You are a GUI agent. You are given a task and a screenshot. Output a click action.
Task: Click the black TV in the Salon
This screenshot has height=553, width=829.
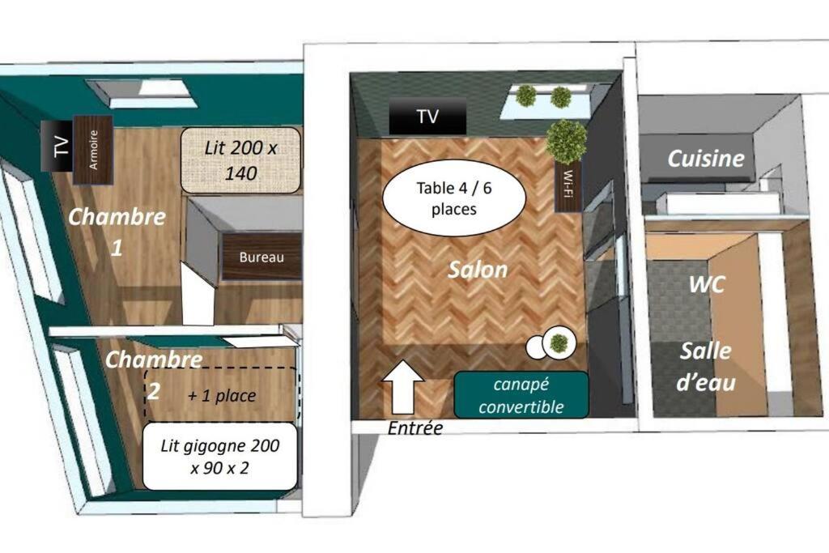coord(427,117)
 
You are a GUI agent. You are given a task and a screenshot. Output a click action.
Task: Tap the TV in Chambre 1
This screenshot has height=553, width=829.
coord(57,146)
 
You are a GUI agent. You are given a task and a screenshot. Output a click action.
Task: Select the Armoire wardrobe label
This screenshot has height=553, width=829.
coord(94,150)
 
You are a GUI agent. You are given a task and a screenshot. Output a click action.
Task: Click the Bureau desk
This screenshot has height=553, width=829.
coord(261,257)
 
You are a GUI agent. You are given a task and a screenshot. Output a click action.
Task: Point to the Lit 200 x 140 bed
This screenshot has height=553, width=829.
coord(240,160)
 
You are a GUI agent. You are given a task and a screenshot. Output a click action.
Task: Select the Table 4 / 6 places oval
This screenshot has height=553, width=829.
coord(453,198)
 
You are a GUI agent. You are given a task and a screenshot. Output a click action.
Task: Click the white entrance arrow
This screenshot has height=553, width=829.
coord(403,387)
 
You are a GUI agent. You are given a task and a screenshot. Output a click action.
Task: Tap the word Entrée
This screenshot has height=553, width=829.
coord(415,428)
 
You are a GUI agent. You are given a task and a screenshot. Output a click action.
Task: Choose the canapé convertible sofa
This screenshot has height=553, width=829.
coord(521,395)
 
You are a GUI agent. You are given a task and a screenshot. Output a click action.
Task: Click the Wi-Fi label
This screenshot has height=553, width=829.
coord(568,183)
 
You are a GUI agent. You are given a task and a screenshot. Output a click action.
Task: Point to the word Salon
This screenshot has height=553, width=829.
coord(478,270)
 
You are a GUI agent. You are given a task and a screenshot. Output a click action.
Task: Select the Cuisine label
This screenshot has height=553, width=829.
coord(706,158)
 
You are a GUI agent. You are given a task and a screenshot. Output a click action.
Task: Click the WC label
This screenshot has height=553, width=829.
coord(706,285)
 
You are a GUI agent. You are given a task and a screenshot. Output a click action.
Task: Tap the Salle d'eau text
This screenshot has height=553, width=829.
coord(706,367)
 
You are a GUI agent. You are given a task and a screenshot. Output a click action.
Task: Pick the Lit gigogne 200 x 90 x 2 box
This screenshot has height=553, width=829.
coord(220,457)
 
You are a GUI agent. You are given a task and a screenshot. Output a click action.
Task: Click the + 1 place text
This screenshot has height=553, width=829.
coord(222,395)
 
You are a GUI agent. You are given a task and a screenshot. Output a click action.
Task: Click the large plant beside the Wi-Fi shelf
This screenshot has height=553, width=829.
coord(566,141)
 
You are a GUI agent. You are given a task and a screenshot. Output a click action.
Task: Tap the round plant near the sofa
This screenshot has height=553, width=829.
coord(559,343)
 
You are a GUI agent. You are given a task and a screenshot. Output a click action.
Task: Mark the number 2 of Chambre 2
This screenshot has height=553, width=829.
coord(153,392)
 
